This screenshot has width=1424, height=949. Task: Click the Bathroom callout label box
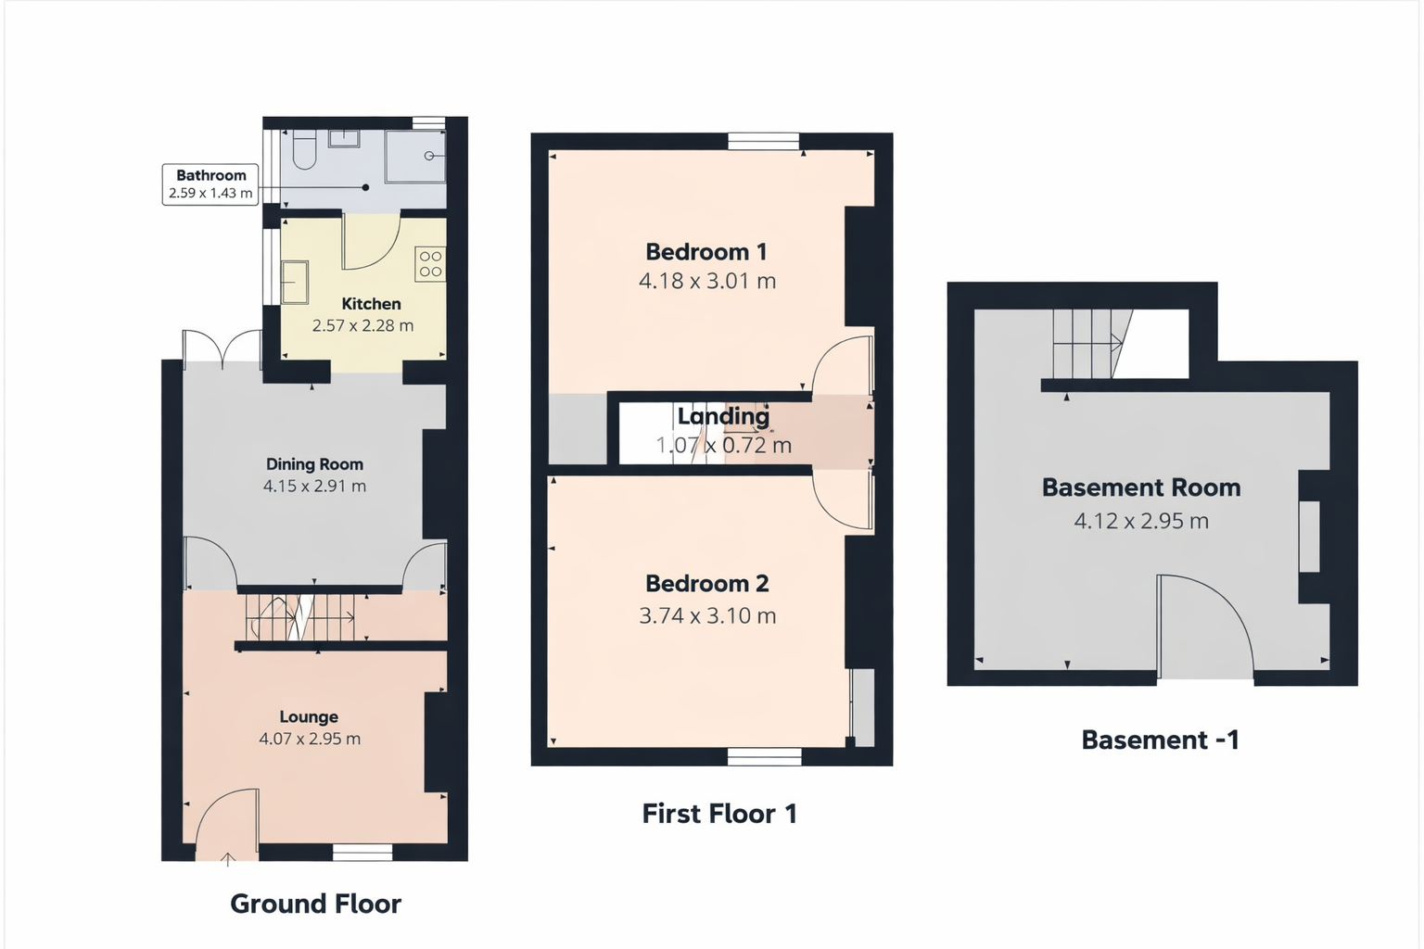(x=210, y=184)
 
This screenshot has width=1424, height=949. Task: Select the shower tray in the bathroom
(x=415, y=156)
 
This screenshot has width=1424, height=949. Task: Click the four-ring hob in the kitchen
(x=430, y=264)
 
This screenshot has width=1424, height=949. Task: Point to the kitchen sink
(x=295, y=282)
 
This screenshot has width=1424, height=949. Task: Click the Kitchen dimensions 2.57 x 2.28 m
(x=362, y=326)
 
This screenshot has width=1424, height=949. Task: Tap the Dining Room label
(x=314, y=464)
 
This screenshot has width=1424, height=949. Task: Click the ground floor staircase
(x=300, y=617)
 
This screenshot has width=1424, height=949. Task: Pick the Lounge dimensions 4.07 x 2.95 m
(x=310, y=740)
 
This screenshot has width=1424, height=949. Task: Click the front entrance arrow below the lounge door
(x=228, y=859)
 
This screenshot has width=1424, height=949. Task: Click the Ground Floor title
(x=315, y=904)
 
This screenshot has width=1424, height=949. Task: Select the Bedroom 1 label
(x=706, y=252)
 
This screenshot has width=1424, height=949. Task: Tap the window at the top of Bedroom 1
(x=763, y=141)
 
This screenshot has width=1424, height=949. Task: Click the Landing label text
(x=723, y=417)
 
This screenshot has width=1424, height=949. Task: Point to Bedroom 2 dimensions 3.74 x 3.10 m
(x=707, y=616)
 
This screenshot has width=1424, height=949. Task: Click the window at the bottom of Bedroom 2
(x=764, y=757)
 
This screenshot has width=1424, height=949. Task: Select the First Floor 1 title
(x=719, y=814)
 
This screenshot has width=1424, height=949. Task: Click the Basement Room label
(x=1141, y=487)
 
